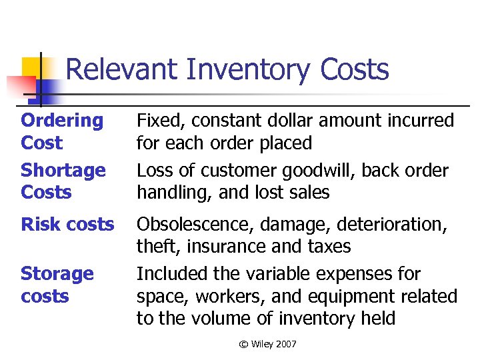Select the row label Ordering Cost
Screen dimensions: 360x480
click(62, 131)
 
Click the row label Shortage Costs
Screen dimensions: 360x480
click(63, 181)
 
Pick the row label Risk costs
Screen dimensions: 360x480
click(67, 225)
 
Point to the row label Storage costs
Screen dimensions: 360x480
click(57, 285)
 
